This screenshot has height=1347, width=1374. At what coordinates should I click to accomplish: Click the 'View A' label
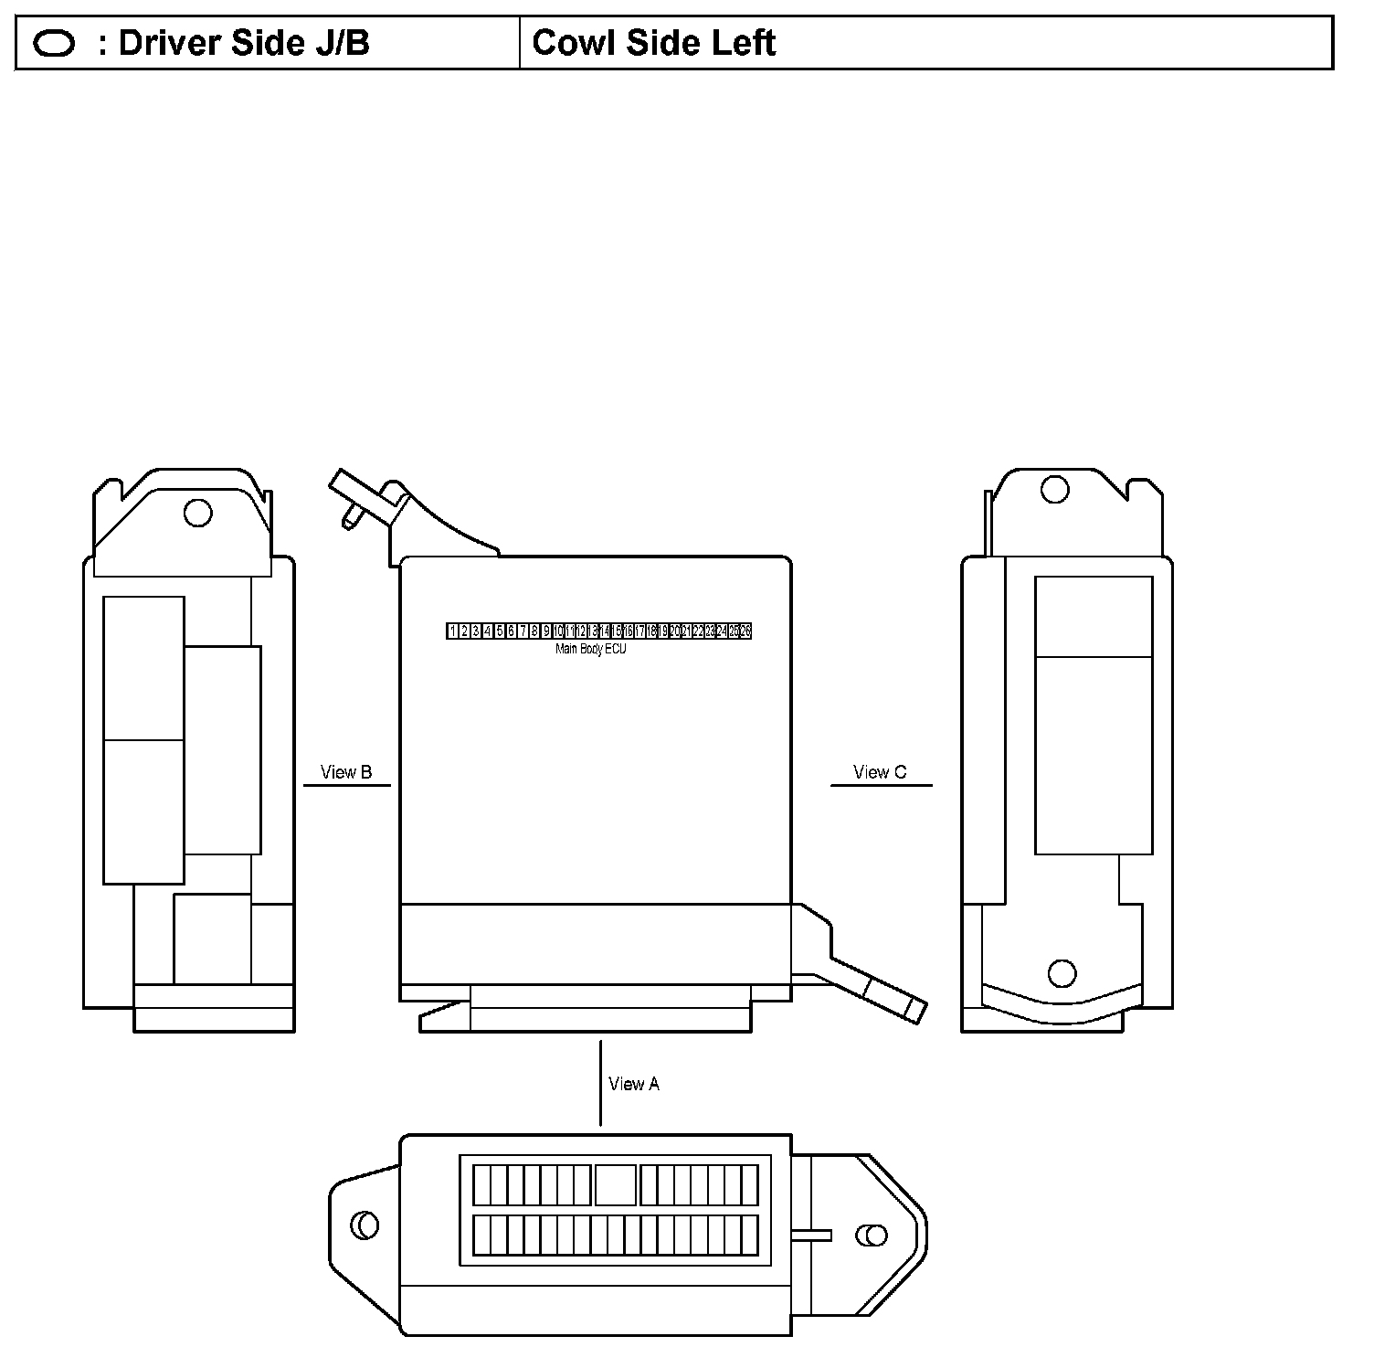point(633,1084)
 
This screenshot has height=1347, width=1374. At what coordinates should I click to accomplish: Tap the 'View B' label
point(346,772)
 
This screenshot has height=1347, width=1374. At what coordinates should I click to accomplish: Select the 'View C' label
point(880,772)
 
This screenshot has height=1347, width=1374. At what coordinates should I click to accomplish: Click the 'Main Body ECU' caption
point(591,650)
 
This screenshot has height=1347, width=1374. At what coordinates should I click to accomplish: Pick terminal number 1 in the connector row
point(453,631)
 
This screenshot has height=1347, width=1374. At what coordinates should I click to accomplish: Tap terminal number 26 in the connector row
point(745,631)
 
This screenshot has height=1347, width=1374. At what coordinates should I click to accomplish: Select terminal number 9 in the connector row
point(546,631)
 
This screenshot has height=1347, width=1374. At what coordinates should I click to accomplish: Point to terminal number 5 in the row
point(500,631)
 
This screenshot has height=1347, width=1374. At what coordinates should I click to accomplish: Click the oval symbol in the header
point(54,43)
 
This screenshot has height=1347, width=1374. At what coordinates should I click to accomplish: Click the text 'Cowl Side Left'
point(653,43)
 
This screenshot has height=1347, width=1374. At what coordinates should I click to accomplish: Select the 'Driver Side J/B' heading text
point(244,43)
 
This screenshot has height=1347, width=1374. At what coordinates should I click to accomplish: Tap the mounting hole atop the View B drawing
point(198,513)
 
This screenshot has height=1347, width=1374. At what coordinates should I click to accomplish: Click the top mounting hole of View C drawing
point(1055,490)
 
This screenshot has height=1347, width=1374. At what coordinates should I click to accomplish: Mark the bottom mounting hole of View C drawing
point(1062,973)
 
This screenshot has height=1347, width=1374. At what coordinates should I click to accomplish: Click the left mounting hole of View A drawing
point(365,1225)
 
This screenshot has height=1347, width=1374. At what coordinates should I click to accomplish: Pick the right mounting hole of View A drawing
point(872,1236)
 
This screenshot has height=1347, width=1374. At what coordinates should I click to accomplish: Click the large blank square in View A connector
point(616,1185)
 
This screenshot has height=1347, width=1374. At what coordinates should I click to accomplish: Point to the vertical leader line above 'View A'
point(600,1083)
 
